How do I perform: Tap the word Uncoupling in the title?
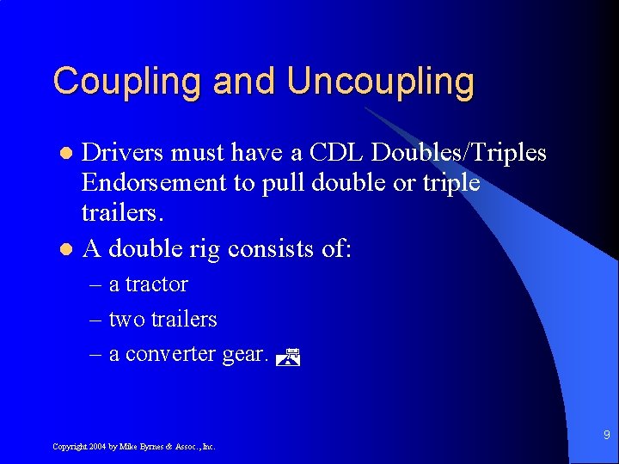click(x=380, y=82)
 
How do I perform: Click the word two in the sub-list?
click(x=126, y=320)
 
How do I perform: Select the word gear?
click(x=244, y=355)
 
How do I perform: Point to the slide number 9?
click(x=605, y=436)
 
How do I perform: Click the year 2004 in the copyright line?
click(x=97, y=447)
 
